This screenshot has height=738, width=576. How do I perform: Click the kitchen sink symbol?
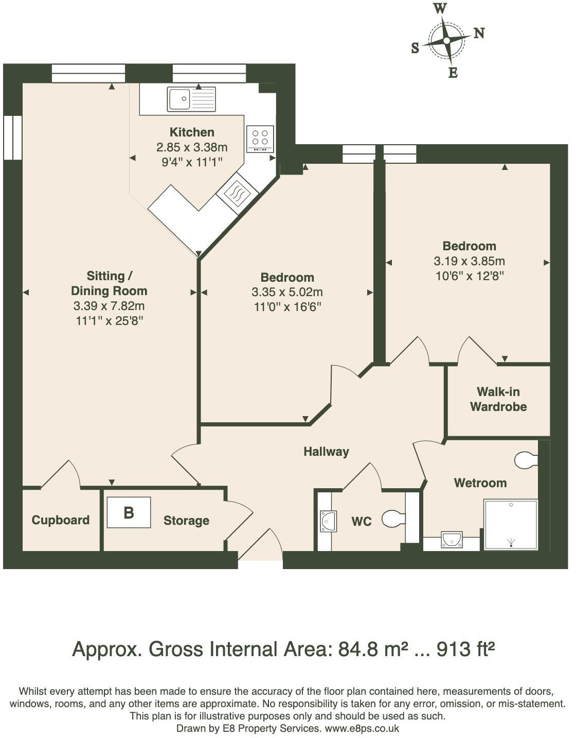pos(191,99)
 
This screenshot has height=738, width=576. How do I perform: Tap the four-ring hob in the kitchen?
pos(260,138)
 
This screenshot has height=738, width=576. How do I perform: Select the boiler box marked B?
pos(129,512)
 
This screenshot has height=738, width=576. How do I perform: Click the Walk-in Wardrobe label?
pos(498,400)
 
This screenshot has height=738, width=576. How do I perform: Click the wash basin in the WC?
pos(328,521)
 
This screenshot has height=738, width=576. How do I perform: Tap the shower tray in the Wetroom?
pos(511,524)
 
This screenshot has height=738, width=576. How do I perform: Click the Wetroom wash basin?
pos(452,540)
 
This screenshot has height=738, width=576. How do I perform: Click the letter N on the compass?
pos(479,33)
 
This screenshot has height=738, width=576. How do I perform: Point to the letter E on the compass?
pos(453,73)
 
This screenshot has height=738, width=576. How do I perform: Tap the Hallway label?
pos(326,452)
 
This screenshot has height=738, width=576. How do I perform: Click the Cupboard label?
pos(61,520)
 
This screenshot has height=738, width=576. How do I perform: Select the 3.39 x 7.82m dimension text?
pos(109,306)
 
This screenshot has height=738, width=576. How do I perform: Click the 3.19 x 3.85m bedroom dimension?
pos(469,261)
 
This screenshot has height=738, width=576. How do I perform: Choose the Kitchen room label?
pos(192,132)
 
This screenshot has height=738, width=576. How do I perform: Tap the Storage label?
pos(186,521)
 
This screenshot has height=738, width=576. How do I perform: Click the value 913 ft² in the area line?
pos(465,649)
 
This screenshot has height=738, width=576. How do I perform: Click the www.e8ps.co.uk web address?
pos(362,728)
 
